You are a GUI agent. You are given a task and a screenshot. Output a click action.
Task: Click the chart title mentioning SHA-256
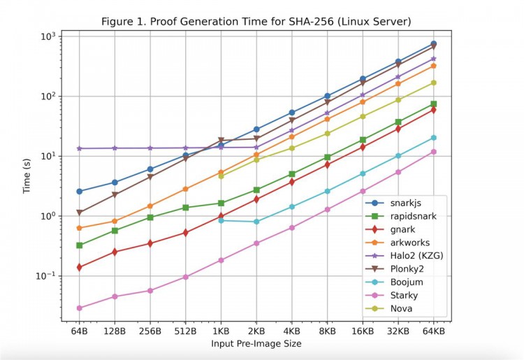[256, 21]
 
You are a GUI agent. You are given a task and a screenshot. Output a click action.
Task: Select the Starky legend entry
[406, 296]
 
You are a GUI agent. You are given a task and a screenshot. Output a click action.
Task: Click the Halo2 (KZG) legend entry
[417, 255]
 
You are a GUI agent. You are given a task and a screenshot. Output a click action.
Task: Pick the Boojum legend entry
[408, 282]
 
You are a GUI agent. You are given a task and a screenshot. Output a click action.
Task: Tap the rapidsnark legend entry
[413, 215]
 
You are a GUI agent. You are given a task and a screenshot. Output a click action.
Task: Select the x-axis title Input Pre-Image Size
[256, 345]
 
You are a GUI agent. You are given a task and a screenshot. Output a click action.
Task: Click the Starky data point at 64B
[79, 308]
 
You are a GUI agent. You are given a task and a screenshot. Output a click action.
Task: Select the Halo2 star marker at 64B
[79, 148]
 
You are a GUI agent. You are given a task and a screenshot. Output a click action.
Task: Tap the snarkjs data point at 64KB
[433, 44]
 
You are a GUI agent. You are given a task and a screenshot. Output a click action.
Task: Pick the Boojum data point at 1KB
[221, 220]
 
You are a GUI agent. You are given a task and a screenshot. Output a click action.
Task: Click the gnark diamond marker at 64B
[79, 267]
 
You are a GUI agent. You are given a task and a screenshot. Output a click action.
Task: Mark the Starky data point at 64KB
[433, 152]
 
